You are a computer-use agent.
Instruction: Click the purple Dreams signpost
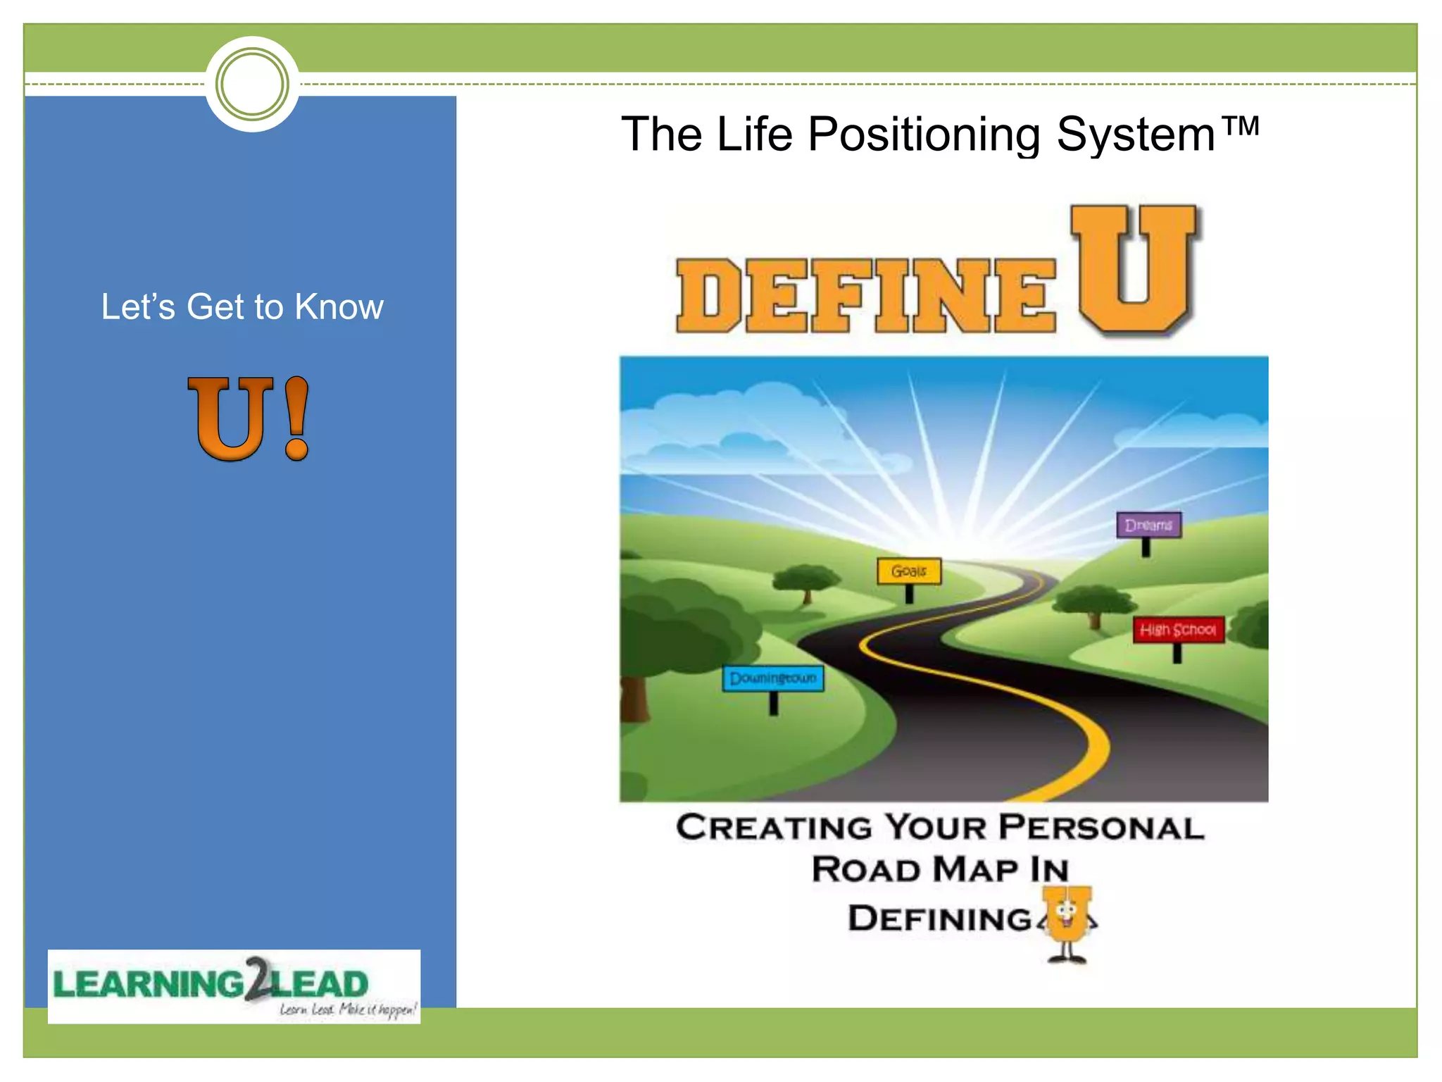point(1148,526)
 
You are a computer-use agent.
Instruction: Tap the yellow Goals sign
point(908,571)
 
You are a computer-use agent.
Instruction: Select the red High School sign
point(1178,630)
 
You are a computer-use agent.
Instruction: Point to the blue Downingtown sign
point(773,678)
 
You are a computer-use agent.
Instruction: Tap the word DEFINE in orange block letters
point(865,295)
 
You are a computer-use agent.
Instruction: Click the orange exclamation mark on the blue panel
point(296,418)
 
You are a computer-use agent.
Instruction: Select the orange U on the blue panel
point(230,418)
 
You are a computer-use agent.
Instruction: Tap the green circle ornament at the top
point(252,85)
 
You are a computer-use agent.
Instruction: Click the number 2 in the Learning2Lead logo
point(259,978)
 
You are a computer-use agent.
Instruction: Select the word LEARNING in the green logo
point(149,985)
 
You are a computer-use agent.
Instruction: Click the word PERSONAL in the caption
point(1101,828)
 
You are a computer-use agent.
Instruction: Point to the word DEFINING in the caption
point(939,919)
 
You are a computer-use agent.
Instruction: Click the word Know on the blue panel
point(339,307)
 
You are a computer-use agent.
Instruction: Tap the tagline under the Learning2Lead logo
point(348,1009)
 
